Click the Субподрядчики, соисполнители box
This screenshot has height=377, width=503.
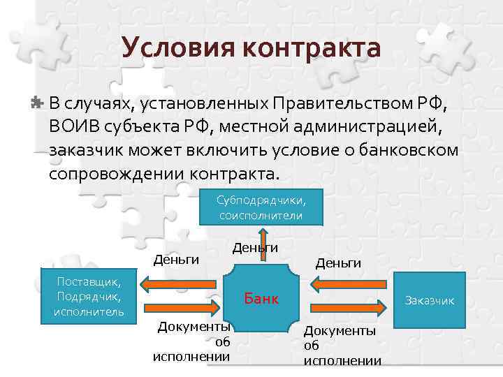[261, 207]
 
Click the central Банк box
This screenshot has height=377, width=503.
[261, 300]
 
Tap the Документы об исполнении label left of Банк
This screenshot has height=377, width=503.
[194, 341]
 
